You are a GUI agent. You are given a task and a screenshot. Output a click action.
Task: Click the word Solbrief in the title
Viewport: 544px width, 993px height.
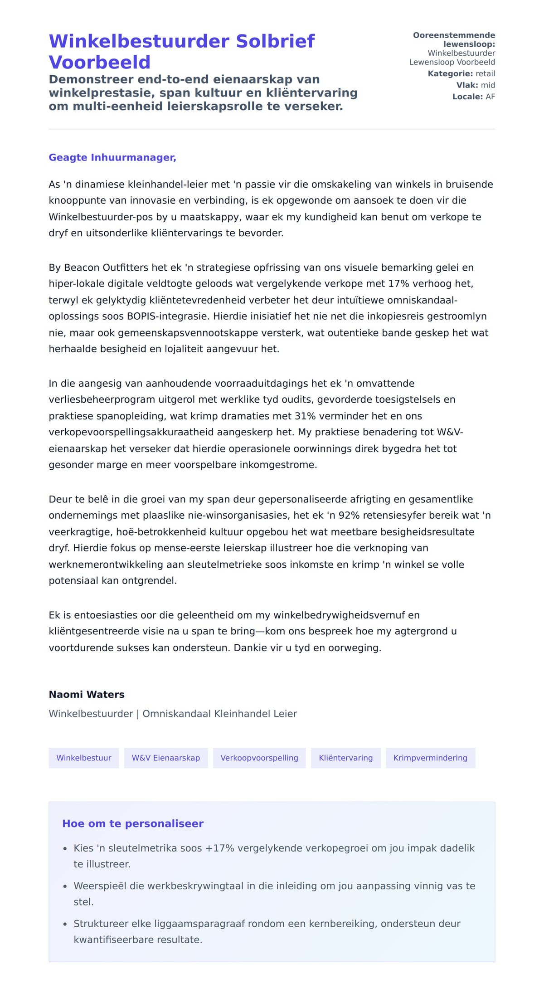coord(275,41)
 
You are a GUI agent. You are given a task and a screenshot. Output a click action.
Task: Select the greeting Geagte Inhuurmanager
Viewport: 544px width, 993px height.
coord(112,157)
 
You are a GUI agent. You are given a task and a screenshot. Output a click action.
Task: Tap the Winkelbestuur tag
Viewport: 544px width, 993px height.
coord(84,758)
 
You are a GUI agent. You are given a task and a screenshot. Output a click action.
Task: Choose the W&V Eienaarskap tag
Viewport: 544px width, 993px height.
coord(166,758)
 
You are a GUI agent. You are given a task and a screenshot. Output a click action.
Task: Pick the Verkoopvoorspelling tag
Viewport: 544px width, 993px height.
coord(259,758)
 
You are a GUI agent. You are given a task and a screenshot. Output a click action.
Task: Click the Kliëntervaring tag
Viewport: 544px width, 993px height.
coord(346,758)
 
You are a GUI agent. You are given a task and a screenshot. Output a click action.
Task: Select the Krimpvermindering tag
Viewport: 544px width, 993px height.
coord(430,758)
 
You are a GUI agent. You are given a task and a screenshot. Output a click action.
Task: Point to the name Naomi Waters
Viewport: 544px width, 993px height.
coord(87,694)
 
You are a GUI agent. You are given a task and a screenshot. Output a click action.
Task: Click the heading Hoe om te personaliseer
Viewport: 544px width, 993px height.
coord(133,823)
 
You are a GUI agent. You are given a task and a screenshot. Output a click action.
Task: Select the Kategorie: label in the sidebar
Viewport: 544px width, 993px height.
coord(450,74)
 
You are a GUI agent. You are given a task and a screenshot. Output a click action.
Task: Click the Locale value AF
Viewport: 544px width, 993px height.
coord(490,97)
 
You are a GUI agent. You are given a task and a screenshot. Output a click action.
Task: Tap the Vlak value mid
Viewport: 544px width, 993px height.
coord(488,85)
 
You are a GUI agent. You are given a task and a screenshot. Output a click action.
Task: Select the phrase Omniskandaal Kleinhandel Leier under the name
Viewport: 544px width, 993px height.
coord(220,714)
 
